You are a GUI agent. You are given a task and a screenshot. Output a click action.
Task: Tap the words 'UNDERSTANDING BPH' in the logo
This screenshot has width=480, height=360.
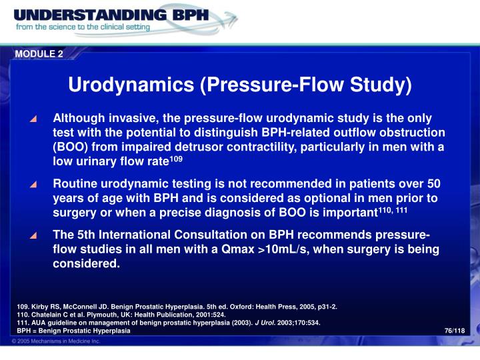coord(111,14)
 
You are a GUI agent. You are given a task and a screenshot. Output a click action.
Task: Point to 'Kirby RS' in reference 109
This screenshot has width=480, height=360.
coord(47,307)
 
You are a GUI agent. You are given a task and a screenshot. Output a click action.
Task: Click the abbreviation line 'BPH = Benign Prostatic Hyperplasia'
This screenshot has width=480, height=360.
coord(74,331)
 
